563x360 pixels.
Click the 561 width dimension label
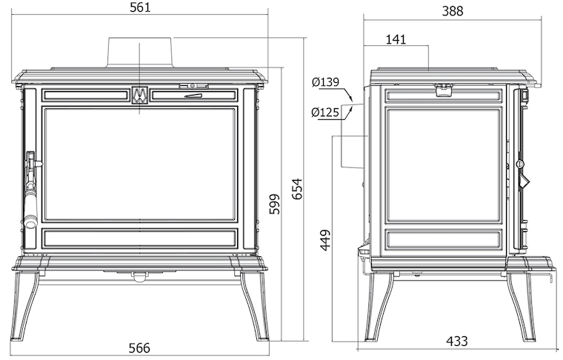tap(140, 7)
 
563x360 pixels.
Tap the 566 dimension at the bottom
tap(139, 348)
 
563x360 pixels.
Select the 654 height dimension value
tap(297, 189)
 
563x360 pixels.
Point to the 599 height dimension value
tap(275, 204)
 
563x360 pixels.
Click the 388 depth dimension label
tap(453, 11)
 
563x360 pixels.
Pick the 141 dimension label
tap(396, 39)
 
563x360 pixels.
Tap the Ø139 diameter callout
tap(325, 81)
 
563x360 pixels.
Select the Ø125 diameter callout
tap(325, 113)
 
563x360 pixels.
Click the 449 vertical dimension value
tap(325, 241)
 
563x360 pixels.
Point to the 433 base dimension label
tap(457, 341)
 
